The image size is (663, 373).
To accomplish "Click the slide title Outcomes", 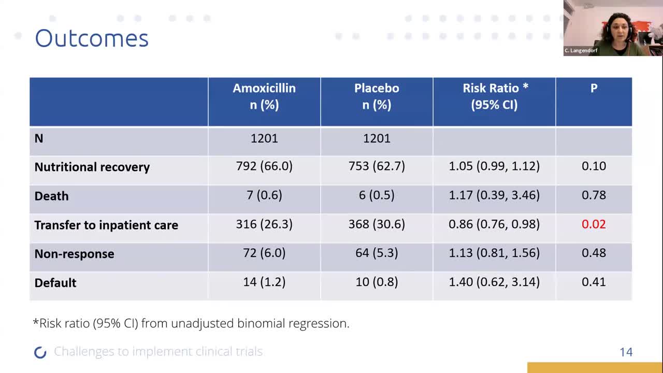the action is [x=92, y=38].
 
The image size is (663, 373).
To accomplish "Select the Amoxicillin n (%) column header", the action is [x=264, y=96].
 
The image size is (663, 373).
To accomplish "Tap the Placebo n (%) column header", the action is [x=377, y=96].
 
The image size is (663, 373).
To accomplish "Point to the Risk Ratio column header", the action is [x=495, y=96].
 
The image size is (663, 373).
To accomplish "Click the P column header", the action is [x=594, y=88].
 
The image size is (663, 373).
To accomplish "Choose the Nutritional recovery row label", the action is [x=92, y=167].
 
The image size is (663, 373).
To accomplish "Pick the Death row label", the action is [x=51, y=196].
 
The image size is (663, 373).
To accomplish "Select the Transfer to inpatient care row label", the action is [x=106, y=225].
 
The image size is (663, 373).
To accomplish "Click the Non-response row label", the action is [x=74, y=254].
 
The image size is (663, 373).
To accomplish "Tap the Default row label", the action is [x=55, y=283].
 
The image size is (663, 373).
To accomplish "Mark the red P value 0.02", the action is [x=594, y=224].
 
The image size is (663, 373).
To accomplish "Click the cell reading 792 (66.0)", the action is [x=264, y=166].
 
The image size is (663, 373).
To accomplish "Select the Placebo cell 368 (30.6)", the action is [x=377, y=224].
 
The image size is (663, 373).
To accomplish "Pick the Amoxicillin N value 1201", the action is [x=264, y=138].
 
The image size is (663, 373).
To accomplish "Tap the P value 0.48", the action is [x=594, y=253].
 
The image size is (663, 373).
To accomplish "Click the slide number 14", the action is [x=626, y=352].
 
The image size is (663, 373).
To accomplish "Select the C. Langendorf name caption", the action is [x=581, y=51].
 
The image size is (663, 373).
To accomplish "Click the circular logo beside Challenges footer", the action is [x=40, y=352].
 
